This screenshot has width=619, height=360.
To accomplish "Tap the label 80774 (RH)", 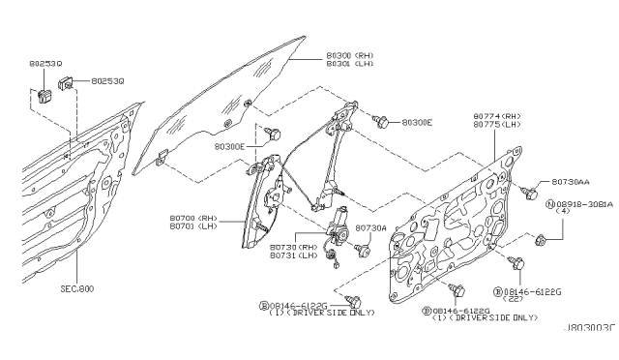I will click(495, 114).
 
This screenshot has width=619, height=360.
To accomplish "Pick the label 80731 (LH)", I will click(294, 255).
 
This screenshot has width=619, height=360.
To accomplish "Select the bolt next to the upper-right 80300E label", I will click(383, 122).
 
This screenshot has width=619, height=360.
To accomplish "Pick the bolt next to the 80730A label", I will click(364, 248).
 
